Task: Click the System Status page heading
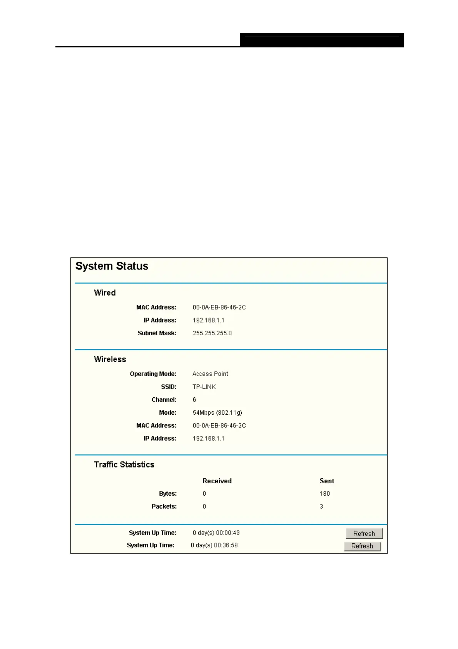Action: pos(112,266)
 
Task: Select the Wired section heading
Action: pos(105,293)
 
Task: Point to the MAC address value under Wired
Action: pos(219,308)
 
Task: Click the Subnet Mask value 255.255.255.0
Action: pos(212,333)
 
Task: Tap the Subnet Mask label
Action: pos(157,333)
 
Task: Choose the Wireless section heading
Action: pos(110,359)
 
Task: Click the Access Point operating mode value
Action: pos(210,374)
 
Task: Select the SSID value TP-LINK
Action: pos(204,387)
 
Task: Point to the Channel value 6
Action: pos(194,400)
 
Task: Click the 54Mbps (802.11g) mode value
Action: pos(217,413)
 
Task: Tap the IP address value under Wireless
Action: pos(208,439)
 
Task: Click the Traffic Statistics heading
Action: pos(124,465)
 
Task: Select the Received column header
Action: pos(217,481)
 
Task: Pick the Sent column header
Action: pos(327,481)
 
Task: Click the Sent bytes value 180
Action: pos(324,494)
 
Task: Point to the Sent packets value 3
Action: pos(321,506)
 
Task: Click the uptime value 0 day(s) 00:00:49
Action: pos(216,533)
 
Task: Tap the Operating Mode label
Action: pos(153,374)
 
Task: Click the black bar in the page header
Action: pos(321,40)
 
